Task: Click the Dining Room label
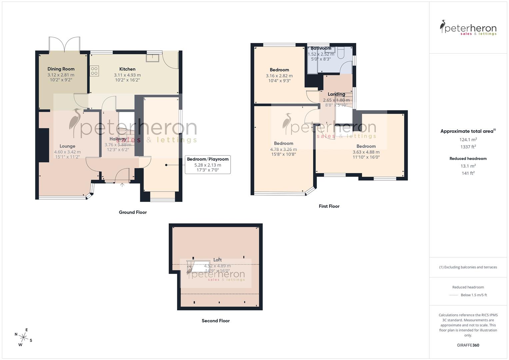(61, 69)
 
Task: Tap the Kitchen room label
(127, 69)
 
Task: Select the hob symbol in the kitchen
(94, 71)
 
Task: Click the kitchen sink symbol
(153, 58)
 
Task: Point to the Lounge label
(67, 146)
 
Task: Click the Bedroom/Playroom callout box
(208, 165)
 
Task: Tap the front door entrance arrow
(122, 185)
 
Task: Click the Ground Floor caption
(133, 212)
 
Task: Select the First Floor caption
(329, 206)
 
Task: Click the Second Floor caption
(216, 321)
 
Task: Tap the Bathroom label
(321, 48)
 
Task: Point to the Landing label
(336, 94)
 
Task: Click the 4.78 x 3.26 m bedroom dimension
(283, 149)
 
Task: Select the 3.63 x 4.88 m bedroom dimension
(366, 152)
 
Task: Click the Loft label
(217, 260)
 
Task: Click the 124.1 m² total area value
(468, 140)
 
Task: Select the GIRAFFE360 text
(468, 345)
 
